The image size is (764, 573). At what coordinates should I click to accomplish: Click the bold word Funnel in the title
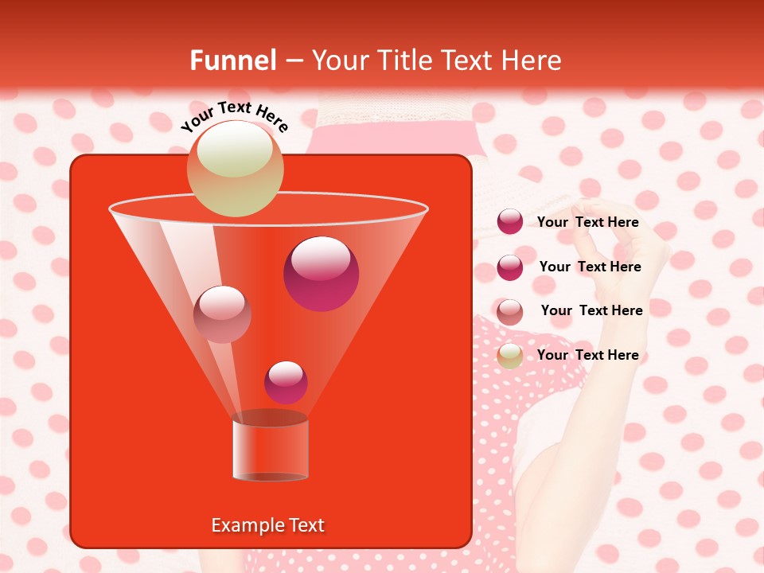tap(233, 60)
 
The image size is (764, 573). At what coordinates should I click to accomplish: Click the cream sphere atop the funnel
tap(235, 169)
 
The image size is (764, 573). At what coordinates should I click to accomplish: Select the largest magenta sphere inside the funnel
tap(321, 274)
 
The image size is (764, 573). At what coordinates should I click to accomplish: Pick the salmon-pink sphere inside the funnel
tap(222, 314)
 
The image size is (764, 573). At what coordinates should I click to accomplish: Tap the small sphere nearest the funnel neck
tap(286, 382)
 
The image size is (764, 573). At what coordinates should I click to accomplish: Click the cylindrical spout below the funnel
tap(270, 450)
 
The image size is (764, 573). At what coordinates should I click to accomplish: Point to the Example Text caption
tap(267, 525)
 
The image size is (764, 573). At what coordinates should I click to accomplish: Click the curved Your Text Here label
tap(234, 116)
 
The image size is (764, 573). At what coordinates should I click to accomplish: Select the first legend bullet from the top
tap(510, 222)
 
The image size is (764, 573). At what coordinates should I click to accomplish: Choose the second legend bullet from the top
tap(510, 267)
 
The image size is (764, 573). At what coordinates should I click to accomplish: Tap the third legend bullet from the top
tap(510, 312)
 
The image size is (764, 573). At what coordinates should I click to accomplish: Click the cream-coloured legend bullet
tap(510, 356)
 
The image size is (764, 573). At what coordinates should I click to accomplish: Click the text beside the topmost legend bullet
tap(587, 223)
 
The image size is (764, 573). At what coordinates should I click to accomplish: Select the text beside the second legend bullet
tap(590, 267)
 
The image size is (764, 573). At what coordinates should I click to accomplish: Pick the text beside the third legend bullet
tap(591, 311)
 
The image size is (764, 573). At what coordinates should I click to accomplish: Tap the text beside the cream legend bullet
tap(587, 356)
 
